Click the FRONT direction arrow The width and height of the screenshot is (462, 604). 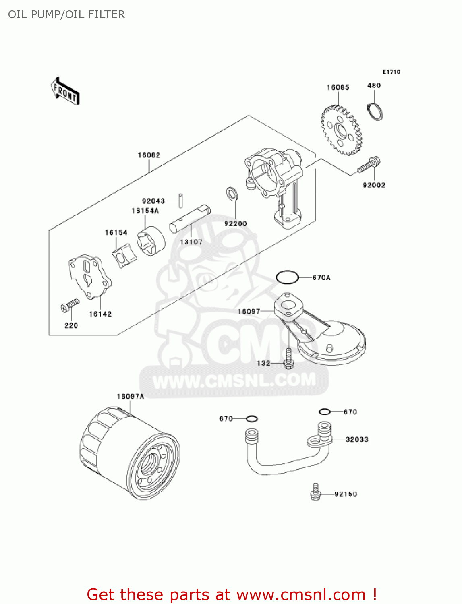[64, 91]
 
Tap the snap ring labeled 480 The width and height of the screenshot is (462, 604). [375, 112]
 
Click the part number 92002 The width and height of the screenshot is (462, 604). [374, 185]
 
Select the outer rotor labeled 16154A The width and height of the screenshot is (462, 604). [151, 242]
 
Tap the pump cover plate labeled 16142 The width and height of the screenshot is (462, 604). [89, 277]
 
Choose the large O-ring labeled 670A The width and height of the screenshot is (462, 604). [287, 277]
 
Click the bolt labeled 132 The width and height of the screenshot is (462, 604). [289, 358]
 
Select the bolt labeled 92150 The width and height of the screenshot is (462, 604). [315, 492]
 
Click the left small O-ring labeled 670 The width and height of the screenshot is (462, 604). [252, 419]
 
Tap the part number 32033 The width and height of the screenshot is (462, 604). [357, 439]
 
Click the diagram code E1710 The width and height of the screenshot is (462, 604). [391, 72]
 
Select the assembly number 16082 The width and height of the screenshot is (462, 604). [149, 155]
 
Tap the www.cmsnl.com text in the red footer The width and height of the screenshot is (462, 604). [301, 595]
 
